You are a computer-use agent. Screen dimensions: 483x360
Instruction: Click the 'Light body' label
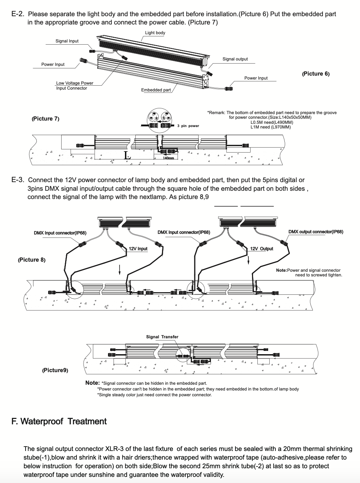[x=155, y=33]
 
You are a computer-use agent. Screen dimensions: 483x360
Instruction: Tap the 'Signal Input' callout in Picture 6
[x=67, y=41]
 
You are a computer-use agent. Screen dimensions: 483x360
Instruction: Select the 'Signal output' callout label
[x=235, y=59]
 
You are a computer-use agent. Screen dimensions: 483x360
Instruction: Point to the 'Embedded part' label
[x=156, y=90]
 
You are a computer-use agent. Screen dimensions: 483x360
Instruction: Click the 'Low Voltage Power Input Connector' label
[x=75, y=86]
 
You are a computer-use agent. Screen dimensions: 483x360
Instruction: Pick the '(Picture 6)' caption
[x=316, y=74]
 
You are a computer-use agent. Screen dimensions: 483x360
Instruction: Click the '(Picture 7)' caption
[x=45, y=119]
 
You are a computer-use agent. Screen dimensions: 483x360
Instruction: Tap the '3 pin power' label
[x=188, y=126]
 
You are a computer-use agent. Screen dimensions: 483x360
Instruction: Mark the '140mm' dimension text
[x=168, y=158]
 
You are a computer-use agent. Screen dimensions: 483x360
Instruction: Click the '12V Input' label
[x=138, y=249]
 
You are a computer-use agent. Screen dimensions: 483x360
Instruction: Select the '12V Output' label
[x=262, y=249]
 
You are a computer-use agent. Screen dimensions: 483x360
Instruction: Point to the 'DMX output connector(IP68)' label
[x=316, y=232]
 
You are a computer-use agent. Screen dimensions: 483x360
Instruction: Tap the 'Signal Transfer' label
[x=162, y=337]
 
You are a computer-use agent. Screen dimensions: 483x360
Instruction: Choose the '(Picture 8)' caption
[x=32, y=260]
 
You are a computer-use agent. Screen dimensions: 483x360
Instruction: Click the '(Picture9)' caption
[x=55, y=370]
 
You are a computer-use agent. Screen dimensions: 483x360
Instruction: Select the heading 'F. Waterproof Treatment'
[x=59, y=421]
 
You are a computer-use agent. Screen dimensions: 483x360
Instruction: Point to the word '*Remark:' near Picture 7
[x=216, y=113]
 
